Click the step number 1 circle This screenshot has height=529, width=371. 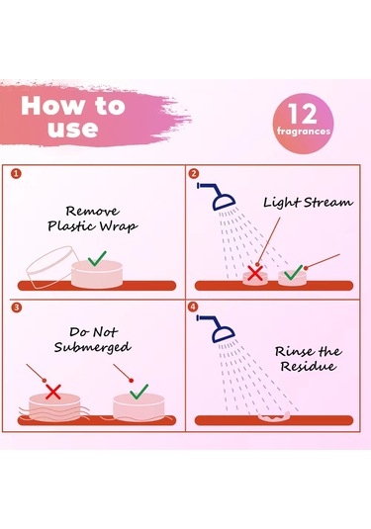click(x=16, y=174)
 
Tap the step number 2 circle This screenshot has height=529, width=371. click(x=194, y=174)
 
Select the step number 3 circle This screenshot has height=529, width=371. click(x=16, y=308)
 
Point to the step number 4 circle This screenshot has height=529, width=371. click(x=193, y=307)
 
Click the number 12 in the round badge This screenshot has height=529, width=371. click(x=303, y=114)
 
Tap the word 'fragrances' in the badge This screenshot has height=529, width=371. click(x=304, y=131)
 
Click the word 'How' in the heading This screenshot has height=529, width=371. click(x=52, y=106)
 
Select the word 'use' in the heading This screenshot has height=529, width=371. click(x=73, y=129)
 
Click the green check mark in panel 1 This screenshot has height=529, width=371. click(x=97, y=258)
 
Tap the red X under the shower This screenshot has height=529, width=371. click(x=255, y=273)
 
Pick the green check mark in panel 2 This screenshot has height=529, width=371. click(x=294, y=272)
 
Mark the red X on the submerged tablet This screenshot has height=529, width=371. click(x=53, y=392)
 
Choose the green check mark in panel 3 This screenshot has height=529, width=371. click(x=139, y=392)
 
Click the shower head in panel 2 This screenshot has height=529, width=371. click(x=220, y=198)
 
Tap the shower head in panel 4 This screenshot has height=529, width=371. click(x=220, y=329)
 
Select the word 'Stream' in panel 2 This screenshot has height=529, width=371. click(x=328, y=203)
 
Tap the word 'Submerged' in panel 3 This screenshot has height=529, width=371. click(x=92, y=347)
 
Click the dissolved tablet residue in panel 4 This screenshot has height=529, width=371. click(x=274, y=417)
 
